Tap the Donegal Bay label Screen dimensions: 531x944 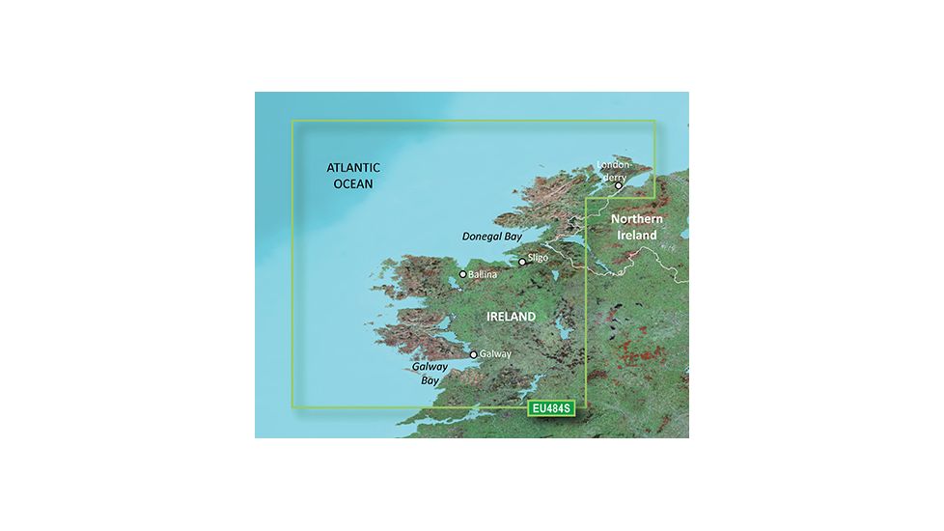[490, 235]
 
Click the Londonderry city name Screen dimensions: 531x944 [619, 171]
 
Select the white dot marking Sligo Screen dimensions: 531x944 [522, 262]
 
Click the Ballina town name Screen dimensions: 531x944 [483, 275]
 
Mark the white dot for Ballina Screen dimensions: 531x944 [463, 274]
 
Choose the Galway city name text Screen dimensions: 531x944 [495, 355]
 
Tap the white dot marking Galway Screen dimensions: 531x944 [473, 354]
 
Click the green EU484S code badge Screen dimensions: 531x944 [551, 409]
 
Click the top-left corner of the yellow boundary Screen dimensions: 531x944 [292, 121]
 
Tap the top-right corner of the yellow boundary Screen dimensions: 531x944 [654, 121]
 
